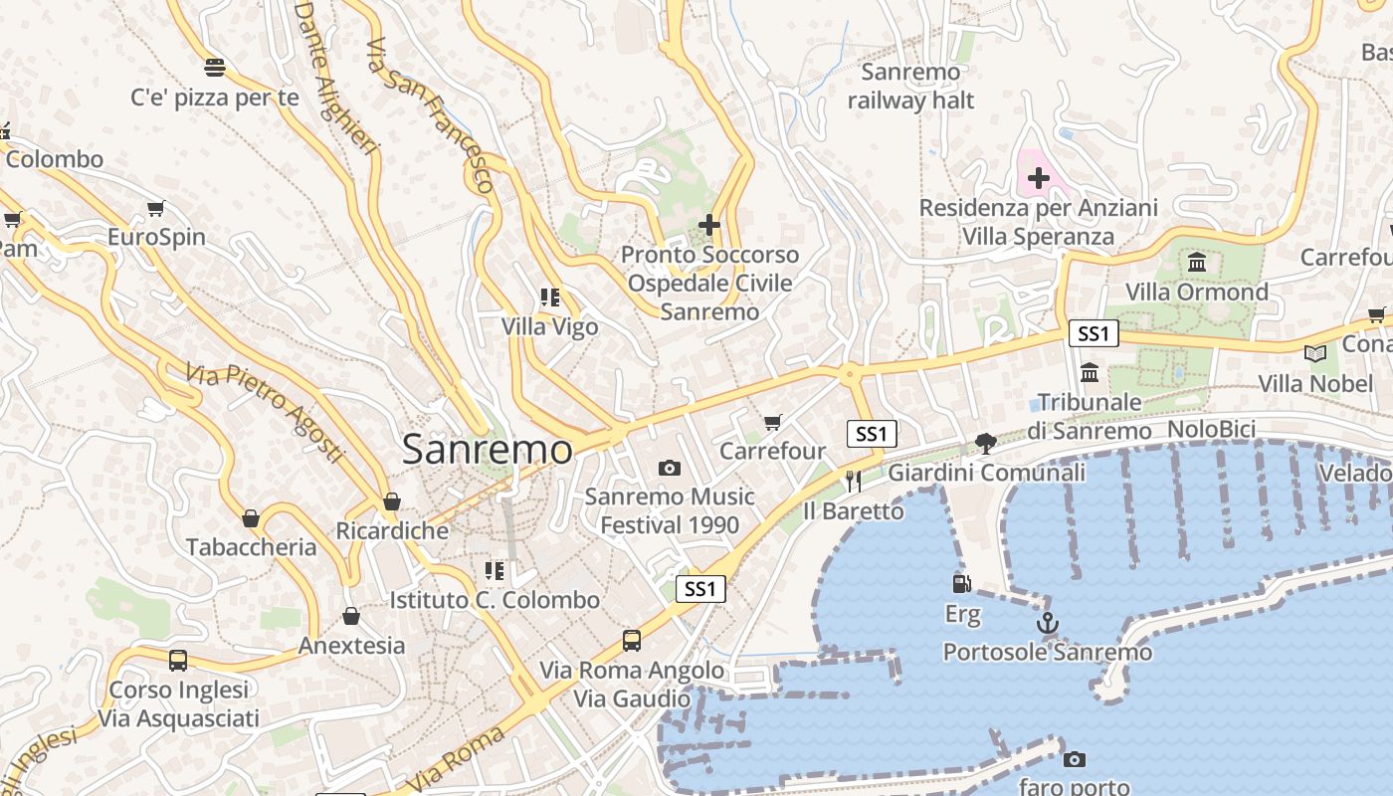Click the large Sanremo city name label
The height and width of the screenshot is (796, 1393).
(x=488, y=450)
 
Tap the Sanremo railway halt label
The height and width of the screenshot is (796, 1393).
(x=910, y=87)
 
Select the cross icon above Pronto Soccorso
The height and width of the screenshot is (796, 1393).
(x=708, y=225)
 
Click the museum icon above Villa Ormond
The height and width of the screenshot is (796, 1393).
(x=1197, y=263)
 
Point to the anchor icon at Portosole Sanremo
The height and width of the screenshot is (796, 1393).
(x=1047, y=624)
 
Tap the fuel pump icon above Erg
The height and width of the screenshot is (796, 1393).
(x=961, y=584)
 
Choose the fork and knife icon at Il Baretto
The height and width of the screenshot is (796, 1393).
(x=853, y=482)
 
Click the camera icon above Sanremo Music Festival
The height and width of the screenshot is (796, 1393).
(x=670, y=468)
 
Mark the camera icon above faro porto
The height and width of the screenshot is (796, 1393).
(x=1074, y=759)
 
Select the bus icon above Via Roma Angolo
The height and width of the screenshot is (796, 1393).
(x=631, y=640)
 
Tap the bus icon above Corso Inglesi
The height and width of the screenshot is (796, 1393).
(x=178, y=660)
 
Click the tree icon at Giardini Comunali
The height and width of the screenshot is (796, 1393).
(x=985, y=443)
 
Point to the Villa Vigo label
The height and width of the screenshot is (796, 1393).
(x=549, y=326)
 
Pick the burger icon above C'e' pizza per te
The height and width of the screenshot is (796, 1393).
(x=214, y=68)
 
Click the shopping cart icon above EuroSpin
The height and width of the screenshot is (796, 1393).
(x=155, y=208)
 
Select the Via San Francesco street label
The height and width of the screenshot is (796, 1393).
(x=430, y=114)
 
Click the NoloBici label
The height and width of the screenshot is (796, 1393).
(x=1212, y=430)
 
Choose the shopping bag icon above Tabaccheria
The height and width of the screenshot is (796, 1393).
(x=250, y=518)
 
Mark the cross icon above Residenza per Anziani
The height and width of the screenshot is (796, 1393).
(x=1038, y=178)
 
